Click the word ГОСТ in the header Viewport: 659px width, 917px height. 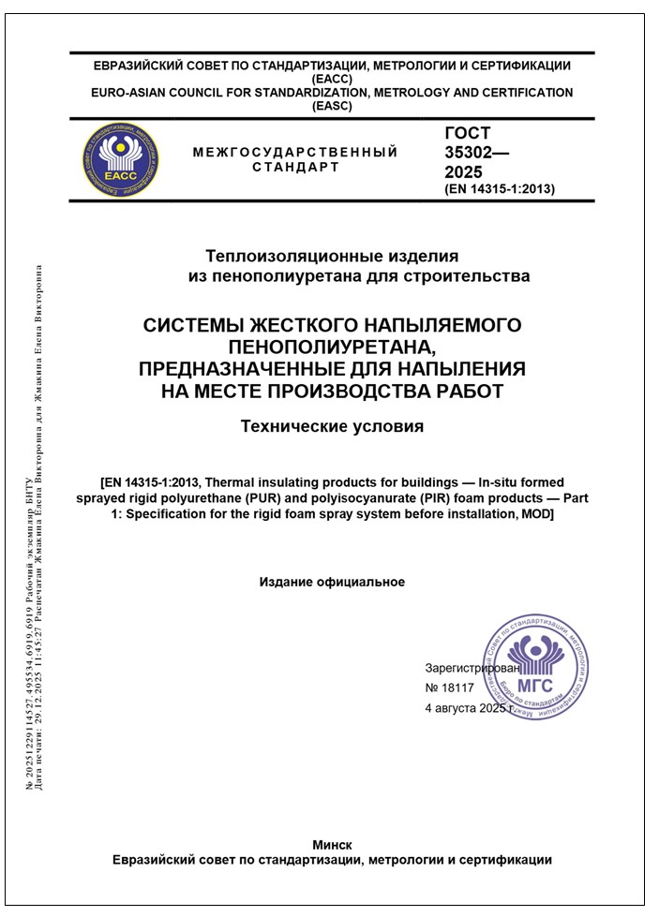click(468, 134)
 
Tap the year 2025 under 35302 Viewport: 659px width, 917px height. click(464, 172)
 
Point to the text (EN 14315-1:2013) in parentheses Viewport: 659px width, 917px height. click(500, 189)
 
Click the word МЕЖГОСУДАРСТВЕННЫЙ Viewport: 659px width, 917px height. click(294, 152)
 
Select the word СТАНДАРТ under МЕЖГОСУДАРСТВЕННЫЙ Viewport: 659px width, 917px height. click(295, 168)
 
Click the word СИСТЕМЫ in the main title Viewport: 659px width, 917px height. click(191, 326)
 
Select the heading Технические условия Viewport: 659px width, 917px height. click(332, 427)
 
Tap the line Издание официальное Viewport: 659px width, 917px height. click(332, 582)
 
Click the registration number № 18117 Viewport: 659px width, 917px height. click(450, 688)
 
